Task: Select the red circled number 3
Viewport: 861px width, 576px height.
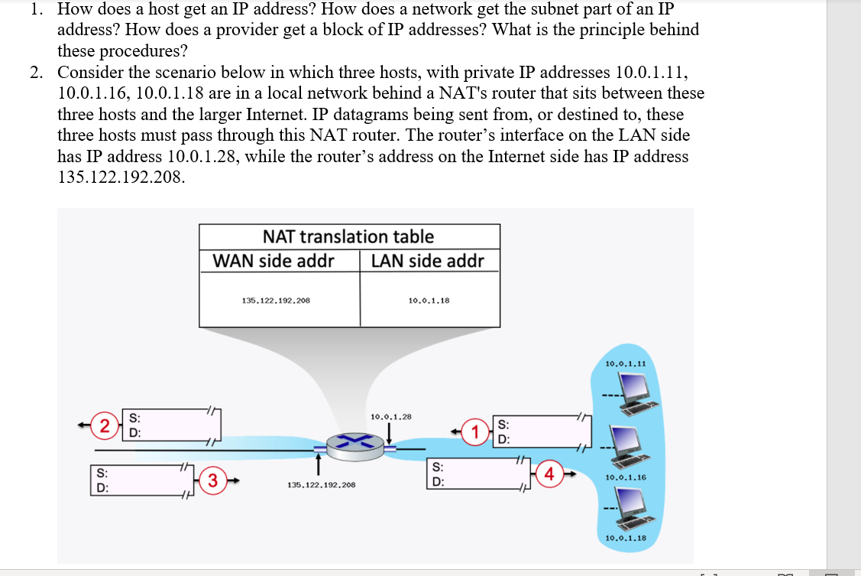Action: coord(212,480)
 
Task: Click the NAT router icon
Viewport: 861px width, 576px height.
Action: coord(353,442)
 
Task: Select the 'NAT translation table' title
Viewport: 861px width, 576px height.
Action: coord(348,236)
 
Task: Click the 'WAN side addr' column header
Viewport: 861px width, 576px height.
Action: coord(274,261)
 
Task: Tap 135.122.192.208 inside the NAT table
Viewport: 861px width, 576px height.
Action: coord(276,301)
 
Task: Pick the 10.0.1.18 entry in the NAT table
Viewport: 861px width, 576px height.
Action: coord(429,301)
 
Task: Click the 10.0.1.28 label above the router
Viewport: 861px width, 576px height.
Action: coord(390,417)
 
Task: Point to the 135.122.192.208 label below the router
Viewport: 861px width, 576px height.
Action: coord(321,485)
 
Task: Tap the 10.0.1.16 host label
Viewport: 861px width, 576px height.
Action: coord(625,477)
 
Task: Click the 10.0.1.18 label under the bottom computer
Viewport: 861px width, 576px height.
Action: coord(625,538)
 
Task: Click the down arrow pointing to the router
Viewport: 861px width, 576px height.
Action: coord(390,433)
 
